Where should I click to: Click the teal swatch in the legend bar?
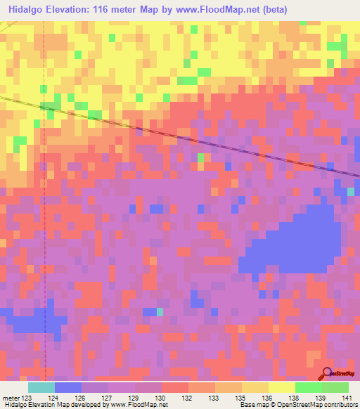(41, 387)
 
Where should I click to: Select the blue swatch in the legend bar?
(68, 387)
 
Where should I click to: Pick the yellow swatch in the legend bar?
(282, 387)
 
